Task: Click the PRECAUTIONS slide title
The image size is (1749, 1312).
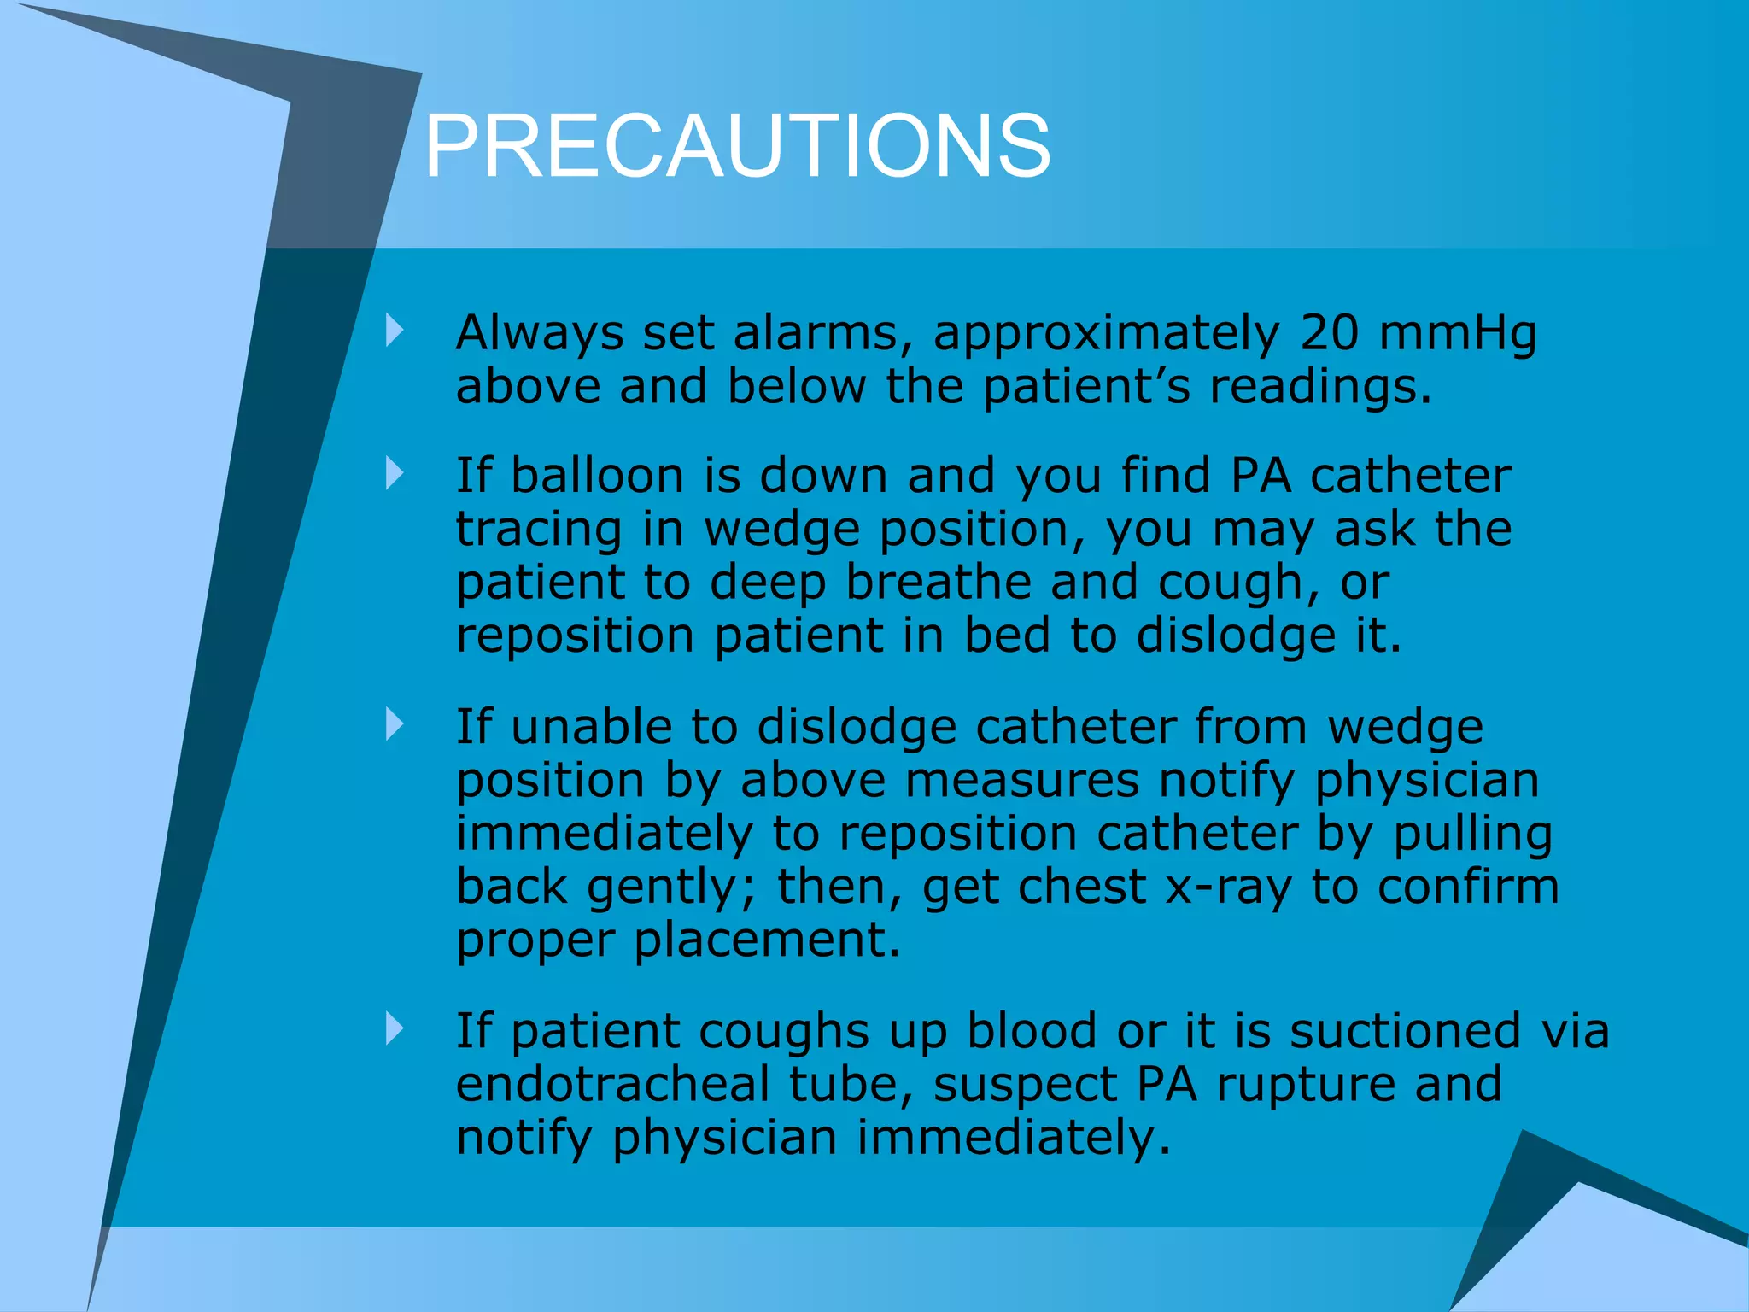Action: point(737,147)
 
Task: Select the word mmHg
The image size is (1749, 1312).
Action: point(1458,333)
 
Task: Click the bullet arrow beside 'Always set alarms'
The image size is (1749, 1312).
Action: point(394,331)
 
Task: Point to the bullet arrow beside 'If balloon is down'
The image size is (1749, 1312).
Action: point(394,473)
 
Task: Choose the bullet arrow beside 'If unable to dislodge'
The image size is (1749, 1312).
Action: point(394,724)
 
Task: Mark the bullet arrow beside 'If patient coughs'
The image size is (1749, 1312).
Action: point(394,1028)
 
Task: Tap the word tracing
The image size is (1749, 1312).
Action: point(539,530)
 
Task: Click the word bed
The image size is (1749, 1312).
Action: point(1007,635)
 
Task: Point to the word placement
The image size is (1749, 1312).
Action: point(766,940)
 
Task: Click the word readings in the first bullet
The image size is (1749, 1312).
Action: point(1319,386)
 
